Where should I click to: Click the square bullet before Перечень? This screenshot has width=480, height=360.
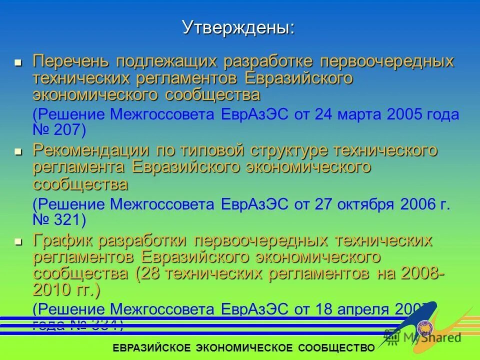(x=18, y=63)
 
